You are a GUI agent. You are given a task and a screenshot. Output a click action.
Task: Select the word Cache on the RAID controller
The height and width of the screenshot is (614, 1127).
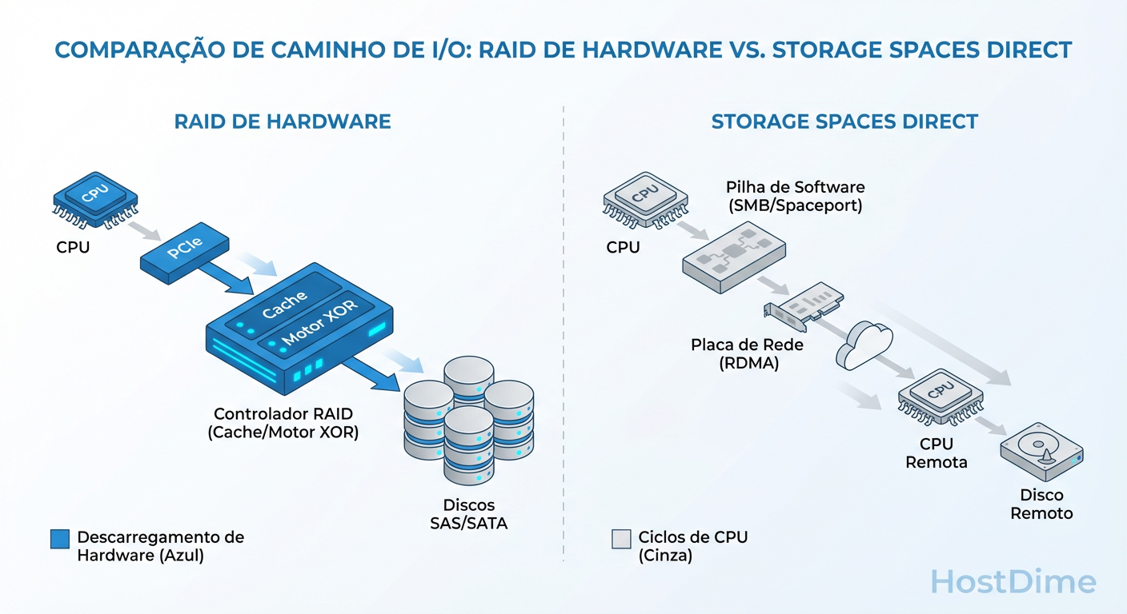(x=284, y=303)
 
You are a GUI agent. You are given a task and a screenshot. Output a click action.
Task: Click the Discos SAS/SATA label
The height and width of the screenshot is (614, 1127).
(x=468, y=514)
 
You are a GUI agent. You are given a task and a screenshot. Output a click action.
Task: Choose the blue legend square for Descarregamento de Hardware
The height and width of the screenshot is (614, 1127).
(x=60, y=539)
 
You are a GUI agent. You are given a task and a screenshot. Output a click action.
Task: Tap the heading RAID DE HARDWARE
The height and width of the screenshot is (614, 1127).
(x=283, y=122)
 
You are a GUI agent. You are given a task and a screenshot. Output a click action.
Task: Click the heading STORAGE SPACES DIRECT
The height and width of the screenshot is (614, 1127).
(x=844, y=122)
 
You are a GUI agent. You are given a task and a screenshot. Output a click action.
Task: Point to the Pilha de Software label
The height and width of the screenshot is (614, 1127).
(x=795, y=196)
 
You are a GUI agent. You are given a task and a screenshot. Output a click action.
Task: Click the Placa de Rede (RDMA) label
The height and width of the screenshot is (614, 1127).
(x=735, y=354)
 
